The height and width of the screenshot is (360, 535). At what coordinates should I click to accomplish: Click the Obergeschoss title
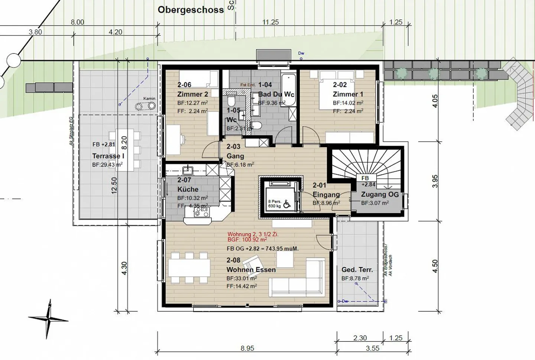click(x=191, y=10)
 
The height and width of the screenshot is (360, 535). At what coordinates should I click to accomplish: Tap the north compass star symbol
click(x=48, y=319)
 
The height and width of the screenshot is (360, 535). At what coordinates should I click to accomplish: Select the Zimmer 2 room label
click(x=192, y=94)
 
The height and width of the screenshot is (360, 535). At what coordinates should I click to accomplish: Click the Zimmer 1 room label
click(x=348, y=94)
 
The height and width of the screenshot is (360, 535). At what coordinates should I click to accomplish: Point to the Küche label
click(x=188, y=189)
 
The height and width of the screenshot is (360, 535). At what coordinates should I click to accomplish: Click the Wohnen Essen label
click(x=251, y=269)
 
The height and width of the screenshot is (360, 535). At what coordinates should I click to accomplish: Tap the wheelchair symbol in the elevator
click(x=286, y=204)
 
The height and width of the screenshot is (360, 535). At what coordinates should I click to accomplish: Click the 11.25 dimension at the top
click(x=270, y=22)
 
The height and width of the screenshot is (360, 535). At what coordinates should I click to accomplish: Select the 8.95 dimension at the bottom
click(x=247, y=348)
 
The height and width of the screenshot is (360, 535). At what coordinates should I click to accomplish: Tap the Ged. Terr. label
click(x=357, y=270)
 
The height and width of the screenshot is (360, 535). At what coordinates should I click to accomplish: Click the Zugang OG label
click(x=380, y=194)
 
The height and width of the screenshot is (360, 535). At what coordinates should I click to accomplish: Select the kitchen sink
click(x=188, y=171)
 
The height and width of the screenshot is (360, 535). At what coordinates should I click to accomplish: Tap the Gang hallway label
click(x=235, y=156)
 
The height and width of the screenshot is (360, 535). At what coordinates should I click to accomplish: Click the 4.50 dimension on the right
click(x=435, y=266)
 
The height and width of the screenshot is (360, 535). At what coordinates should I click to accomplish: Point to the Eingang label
click(x=326, y=194)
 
